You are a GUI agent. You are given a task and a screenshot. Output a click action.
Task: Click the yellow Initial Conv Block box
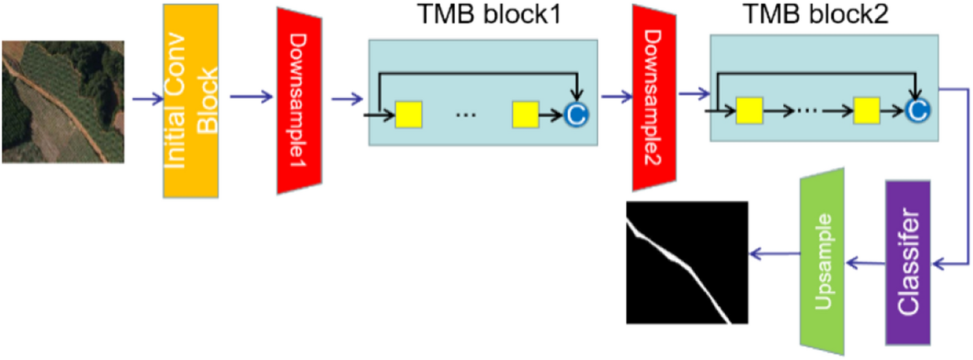[x=190, y=101]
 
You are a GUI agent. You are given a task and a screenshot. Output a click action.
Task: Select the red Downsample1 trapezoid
[x=299, y=101]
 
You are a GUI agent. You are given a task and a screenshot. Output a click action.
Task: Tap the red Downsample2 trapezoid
[x=654, y=98]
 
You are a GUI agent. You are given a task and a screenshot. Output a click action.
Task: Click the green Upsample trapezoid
[x=822, y=261]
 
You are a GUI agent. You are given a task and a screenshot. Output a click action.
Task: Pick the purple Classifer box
[x=908, y=262]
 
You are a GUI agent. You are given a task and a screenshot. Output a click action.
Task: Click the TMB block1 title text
[x=488, y=14]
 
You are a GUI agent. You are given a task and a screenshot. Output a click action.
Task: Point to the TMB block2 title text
[x=816, y=14]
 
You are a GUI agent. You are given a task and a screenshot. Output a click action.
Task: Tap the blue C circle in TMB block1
[x=576, y=114]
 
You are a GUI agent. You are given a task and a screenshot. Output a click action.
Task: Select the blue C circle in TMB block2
[x=917, y=110]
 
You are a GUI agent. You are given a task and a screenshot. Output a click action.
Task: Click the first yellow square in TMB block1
[x=409, y=115]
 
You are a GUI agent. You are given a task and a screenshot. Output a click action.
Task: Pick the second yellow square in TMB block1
[x=526, y=115]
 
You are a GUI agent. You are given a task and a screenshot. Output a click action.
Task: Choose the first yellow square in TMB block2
[x=750, y=110]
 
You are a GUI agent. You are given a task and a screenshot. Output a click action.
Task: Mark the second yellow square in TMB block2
[x=866, y=110]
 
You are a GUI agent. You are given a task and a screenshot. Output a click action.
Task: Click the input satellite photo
[x=63, y=102]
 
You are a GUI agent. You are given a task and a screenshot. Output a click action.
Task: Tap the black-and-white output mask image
[x=687, y=262]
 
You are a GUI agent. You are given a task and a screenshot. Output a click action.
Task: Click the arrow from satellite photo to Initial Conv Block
[x=146, y=99]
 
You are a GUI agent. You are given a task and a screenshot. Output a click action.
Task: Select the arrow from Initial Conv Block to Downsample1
[x=251, y=96]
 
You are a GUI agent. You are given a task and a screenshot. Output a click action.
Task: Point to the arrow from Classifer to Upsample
[x=866, y=263]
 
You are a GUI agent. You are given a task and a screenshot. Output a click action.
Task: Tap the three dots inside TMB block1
[x=466, y=115]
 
